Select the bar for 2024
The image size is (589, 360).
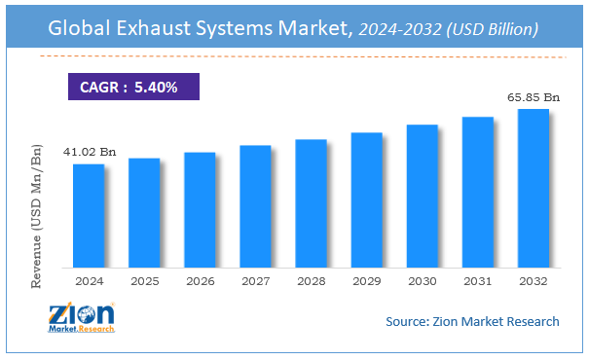(x=89, y=215)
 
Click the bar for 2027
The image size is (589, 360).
(x=255, y=205)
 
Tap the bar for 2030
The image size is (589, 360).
(x=422, y=196)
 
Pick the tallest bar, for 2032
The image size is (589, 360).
(x=533, y=188)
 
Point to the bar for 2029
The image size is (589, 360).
(x=366, y=199)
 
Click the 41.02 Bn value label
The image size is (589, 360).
(x=89, y=152)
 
